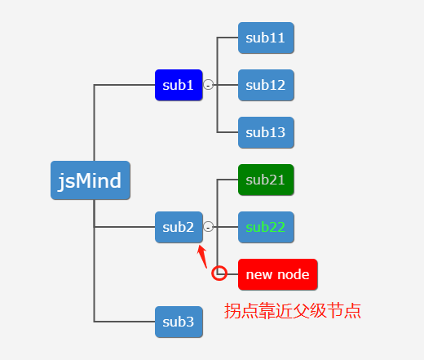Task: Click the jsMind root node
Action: coord(90,180)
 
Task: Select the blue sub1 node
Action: coord(178,85)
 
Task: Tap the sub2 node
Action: coord(178,227)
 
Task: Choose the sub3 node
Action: coord(178,322)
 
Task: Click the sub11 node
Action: coord(266,38)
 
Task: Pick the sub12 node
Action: coord(266,85)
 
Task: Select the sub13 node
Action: coord(266,132)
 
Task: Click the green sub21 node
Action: coord(266,180)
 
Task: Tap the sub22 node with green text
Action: coord(266,227)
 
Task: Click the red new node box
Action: coord(277,274)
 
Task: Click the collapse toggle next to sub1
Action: coord(209,85)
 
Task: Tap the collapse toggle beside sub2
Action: coord(209,227)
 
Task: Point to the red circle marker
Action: coord(219,273)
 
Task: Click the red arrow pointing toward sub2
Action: coord(204,256)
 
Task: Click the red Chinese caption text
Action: coord(293,311)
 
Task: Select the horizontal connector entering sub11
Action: coord(227,38)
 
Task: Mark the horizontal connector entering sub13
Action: coord(227,132)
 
